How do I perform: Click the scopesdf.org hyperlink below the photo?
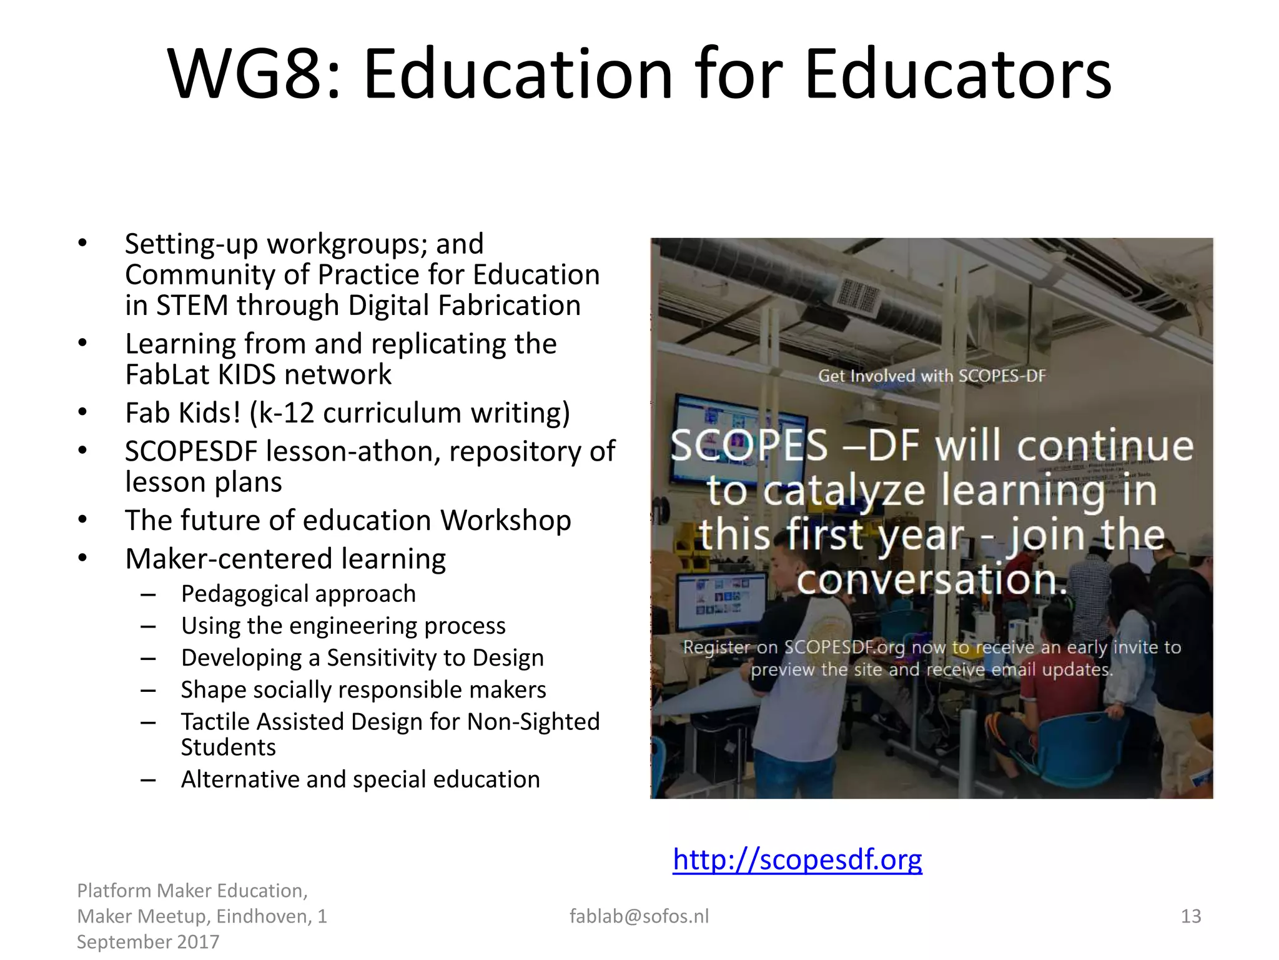[x=797, y=860]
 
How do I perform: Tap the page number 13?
[x=1190, y=916]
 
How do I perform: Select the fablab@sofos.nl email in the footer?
[x=639, y=916]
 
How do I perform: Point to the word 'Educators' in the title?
[x=958, y=74]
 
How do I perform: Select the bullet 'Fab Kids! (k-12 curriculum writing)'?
[x=347, y=413]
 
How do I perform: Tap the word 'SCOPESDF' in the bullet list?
[x=191, y=451]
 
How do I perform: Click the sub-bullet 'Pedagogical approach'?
[x=298, y=594]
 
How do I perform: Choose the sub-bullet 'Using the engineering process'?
[x=343, y=626]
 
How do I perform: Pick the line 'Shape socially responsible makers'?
[x=363, y=689]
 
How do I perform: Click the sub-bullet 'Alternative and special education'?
[x=360, y=779]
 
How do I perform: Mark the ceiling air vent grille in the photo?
[x=857, y=295]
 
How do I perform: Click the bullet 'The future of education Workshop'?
[x=348, y=521]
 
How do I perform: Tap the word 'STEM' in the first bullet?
[x=192, y=306]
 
